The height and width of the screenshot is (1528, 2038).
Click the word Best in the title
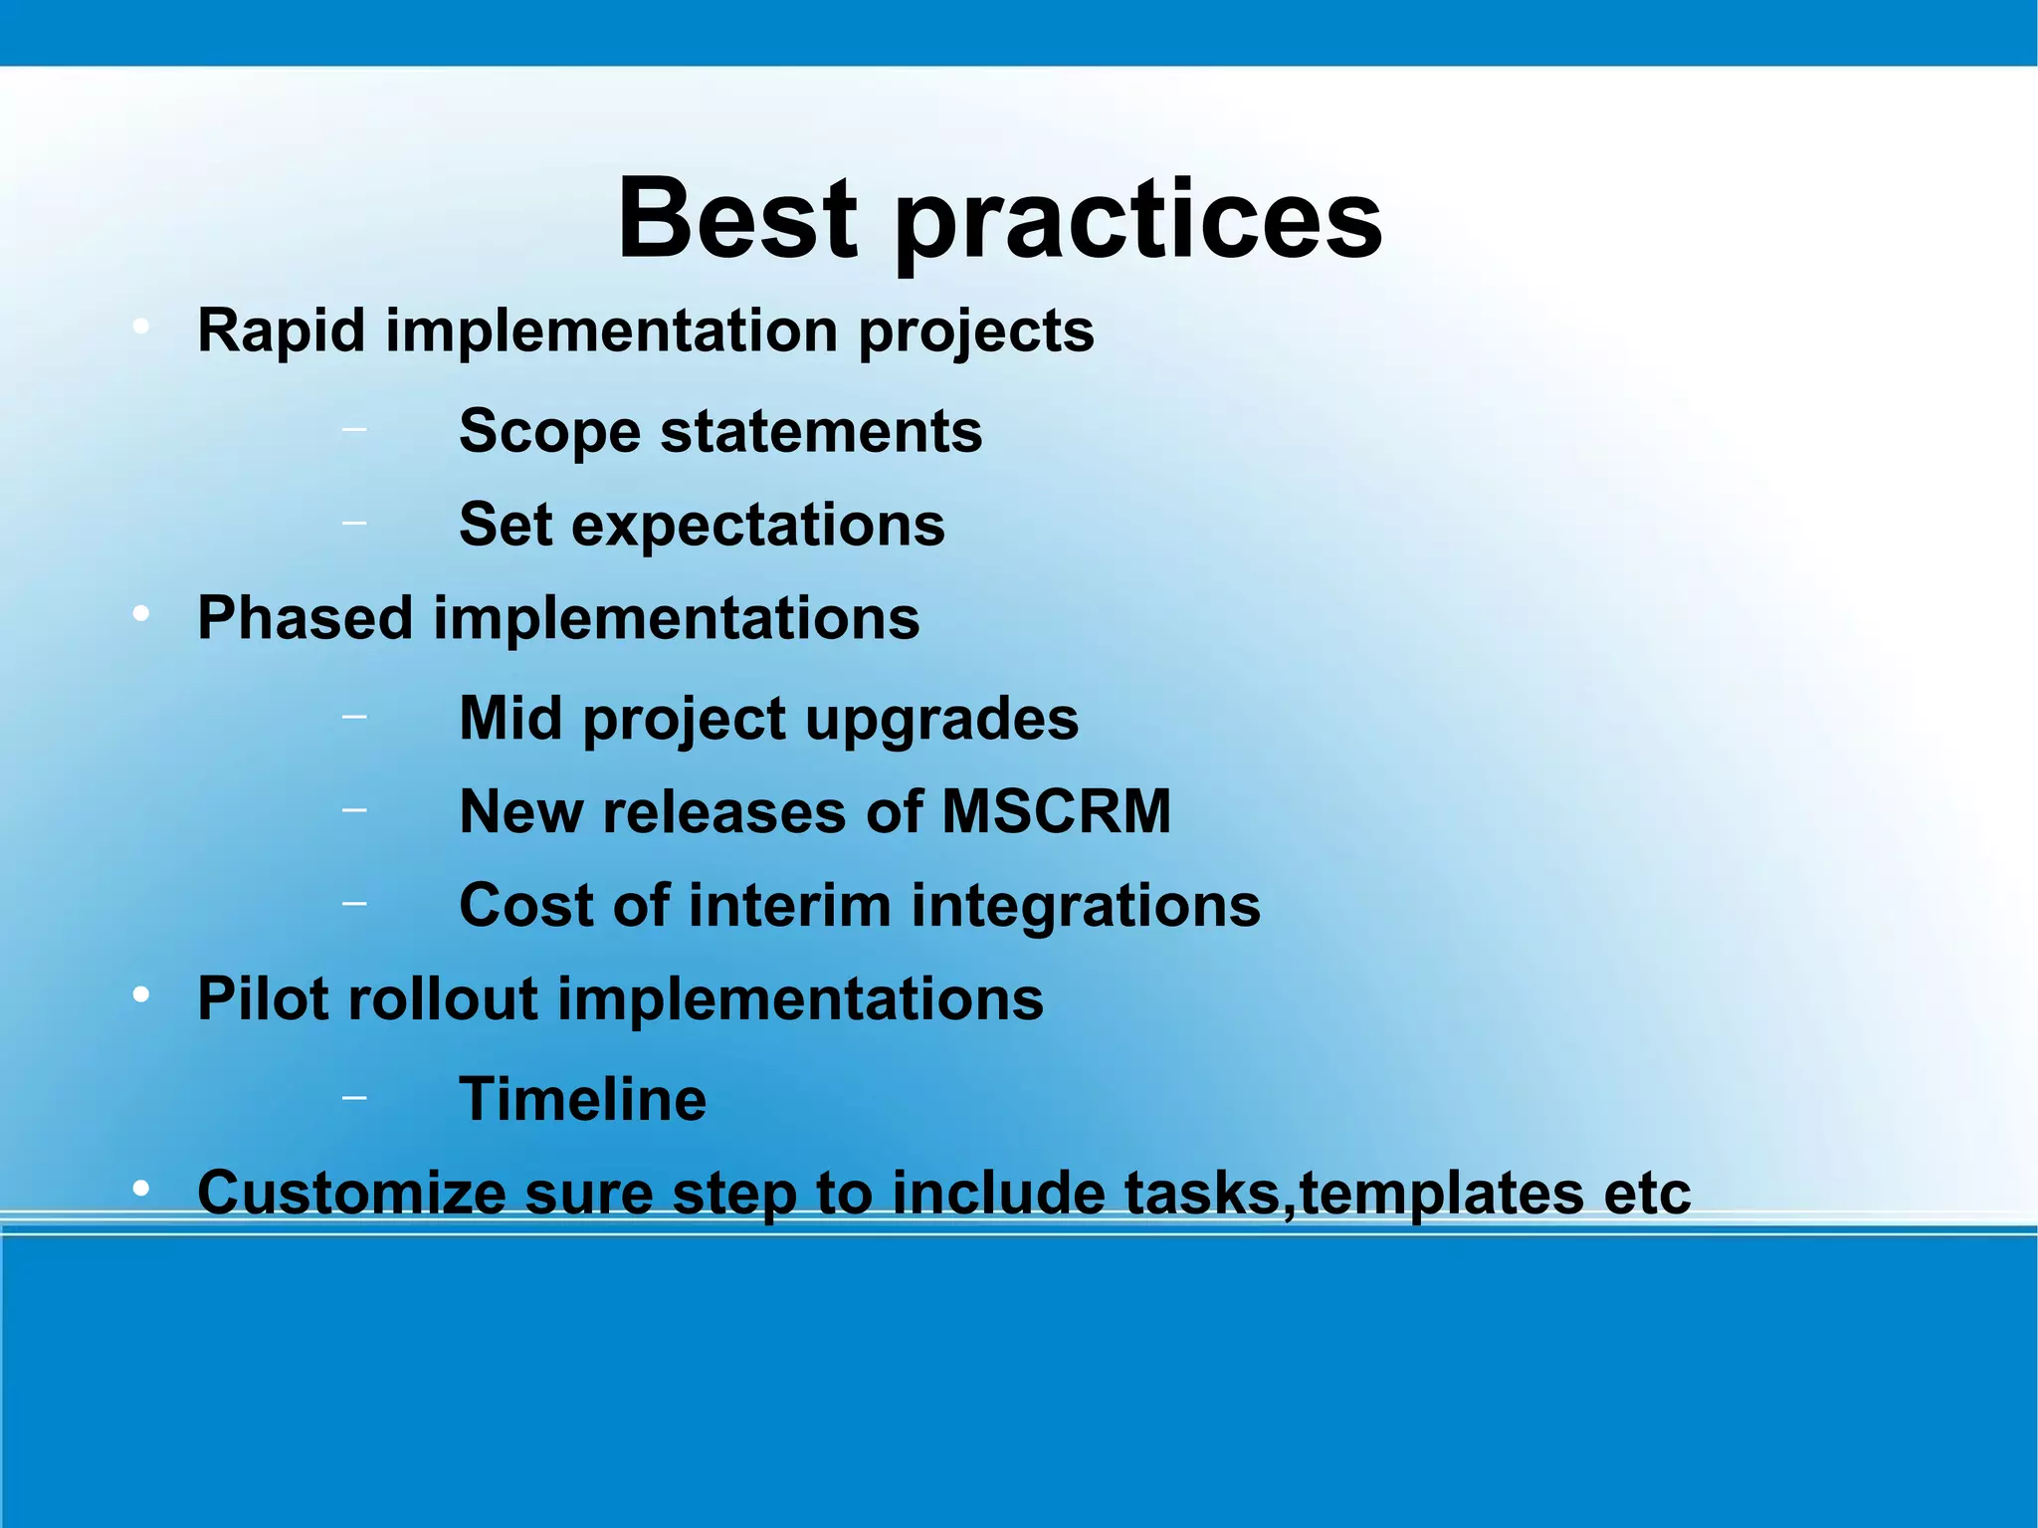coord(736,218)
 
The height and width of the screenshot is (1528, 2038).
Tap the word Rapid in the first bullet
coord(282,330)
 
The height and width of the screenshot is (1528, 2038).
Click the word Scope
coord(549,433)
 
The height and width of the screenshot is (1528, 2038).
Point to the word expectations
coord(757,527)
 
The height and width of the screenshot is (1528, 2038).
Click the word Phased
coord(306,619)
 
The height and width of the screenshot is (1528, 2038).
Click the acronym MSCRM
coord(1056,812)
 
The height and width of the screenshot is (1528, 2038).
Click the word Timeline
coord(582,1100)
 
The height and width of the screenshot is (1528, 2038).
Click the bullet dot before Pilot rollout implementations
coord(141,994)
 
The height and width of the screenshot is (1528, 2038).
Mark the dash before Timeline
coord(353,1097)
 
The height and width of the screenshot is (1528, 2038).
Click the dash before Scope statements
coord(353,429)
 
